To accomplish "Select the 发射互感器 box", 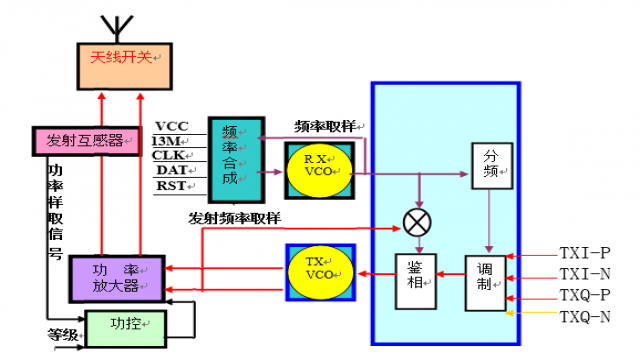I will point(82,141).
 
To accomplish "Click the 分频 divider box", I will point(489,164).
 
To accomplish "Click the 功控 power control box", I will point(125,325).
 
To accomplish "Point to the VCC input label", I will point(171,126).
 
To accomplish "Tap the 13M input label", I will point(171,141).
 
